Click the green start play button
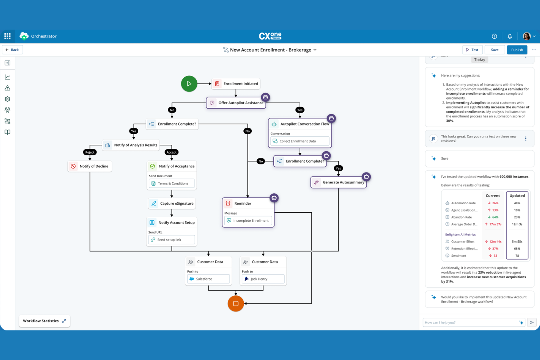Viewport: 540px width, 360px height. [189, 84]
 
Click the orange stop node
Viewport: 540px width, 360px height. [236, 303]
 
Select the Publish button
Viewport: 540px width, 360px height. [517, 50]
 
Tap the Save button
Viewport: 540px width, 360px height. [495, 50]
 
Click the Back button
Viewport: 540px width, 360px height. [12, 50]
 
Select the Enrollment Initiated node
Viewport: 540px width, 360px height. [236, 84]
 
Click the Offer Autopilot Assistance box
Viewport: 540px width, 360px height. [236, 103]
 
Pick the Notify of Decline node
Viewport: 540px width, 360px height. [90, 166]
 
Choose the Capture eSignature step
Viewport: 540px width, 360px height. [172, 204]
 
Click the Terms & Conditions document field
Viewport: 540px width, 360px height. [171, 183]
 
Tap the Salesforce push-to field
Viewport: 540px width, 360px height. [208, 279]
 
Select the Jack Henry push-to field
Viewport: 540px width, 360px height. [263, 279]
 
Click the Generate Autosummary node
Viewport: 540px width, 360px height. [339, 182]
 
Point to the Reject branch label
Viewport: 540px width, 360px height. [90, 152]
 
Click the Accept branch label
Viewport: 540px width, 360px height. [171, 152]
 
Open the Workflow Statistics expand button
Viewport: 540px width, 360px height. [64, 321]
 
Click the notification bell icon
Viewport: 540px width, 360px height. [510, 36]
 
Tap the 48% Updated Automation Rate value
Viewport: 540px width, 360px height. [517, 203]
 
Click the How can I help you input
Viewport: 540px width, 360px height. [470, 322]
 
